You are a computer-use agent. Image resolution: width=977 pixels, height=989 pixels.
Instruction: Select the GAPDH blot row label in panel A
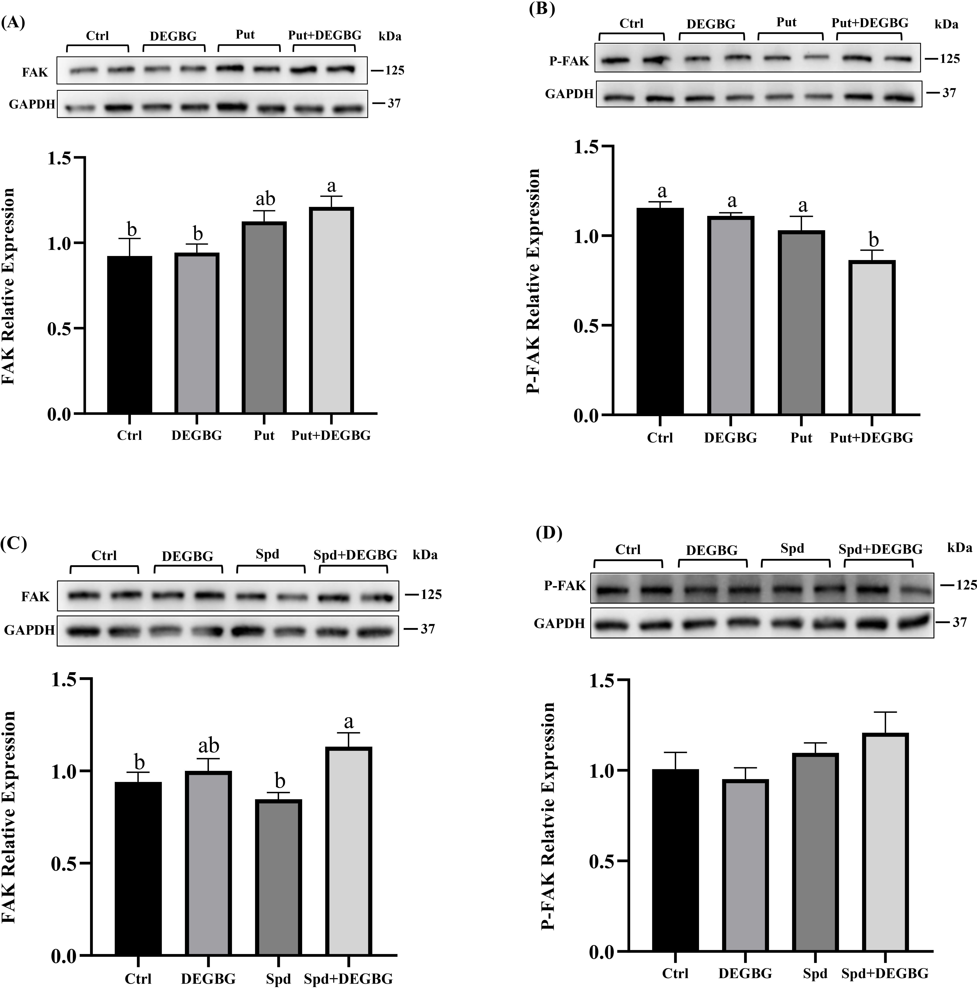(32, 104)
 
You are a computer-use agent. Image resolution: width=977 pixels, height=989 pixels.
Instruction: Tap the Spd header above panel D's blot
(792, 549)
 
